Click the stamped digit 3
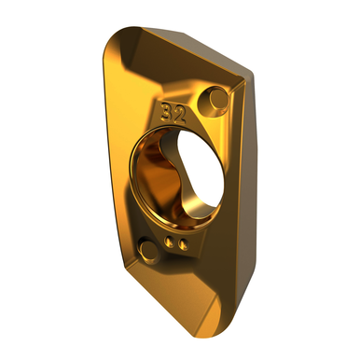pyautogui.click(x=167, y=113)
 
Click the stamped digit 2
pyautogui.click(x=180, y=116)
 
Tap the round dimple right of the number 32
pyautogui.click(x=215, y=98)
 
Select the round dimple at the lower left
pyautogui.click(x=149, y=249)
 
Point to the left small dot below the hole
pyautogui.click(x=169, y=242)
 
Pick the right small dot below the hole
pyautogui.click(x=184, y=244)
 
